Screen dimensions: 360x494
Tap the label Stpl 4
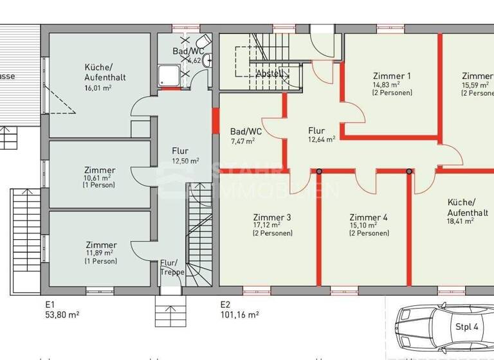pos(468,327)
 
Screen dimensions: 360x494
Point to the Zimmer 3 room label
pos(271,217)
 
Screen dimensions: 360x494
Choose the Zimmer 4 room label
pos(369,217)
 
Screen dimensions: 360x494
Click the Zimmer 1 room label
pos(391,76)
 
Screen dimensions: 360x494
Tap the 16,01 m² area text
pos(99,88)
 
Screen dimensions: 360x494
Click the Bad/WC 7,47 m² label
pos(242,132)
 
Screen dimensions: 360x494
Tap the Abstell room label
pos(269,73)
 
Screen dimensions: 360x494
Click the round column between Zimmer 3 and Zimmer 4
pos(319,171)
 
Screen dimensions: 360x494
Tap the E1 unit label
pos(50,304)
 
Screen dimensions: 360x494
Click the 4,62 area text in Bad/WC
pos(194,60)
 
